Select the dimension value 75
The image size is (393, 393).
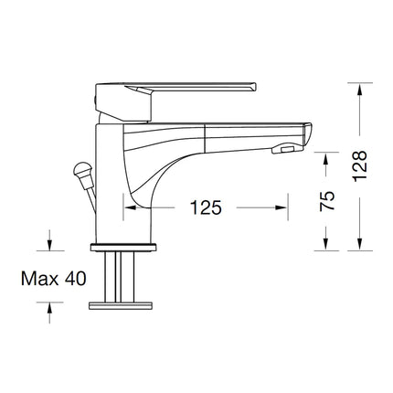pyautogui.click(x=326, y=200)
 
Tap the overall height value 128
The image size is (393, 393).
pyautogui.click(x=361, y=167)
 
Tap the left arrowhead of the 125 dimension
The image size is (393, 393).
pyautogui.click(x=129, y=207)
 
